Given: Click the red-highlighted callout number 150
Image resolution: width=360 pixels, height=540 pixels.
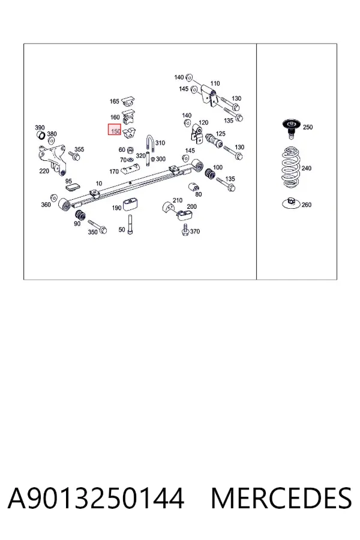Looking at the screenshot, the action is point(116,131).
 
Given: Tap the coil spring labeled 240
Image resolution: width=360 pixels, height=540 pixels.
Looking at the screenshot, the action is point(291,168).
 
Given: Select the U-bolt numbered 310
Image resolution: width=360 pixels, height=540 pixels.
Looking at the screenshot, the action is point(150,145).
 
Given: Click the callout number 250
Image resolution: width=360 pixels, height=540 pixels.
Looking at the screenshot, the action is point(308,127).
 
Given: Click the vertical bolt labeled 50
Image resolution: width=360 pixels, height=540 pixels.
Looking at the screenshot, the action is point(130,224).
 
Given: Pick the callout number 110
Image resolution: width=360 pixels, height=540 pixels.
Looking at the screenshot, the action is point(215,83).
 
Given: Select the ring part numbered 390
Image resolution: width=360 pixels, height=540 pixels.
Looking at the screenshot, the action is point(41,136).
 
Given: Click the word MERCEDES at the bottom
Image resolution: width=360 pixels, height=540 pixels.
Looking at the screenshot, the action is point(281,498).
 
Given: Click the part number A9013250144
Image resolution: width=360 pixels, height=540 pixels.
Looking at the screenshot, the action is point(96,498).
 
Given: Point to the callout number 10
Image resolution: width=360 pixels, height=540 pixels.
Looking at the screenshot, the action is point(99,183).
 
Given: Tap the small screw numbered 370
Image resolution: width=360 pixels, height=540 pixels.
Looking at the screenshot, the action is point(185,230).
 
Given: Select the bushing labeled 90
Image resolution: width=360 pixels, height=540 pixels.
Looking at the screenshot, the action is point(80,215).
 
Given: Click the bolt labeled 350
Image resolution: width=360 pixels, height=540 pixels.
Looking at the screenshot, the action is point(97,227).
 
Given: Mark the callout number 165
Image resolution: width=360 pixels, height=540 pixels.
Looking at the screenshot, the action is point(115,101).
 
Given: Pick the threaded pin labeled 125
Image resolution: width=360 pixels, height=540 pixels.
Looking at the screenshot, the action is point(214,141).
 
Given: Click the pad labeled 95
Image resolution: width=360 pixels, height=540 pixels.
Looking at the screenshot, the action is point(73,187).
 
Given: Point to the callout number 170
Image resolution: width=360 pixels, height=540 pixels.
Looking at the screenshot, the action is point(114,171).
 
